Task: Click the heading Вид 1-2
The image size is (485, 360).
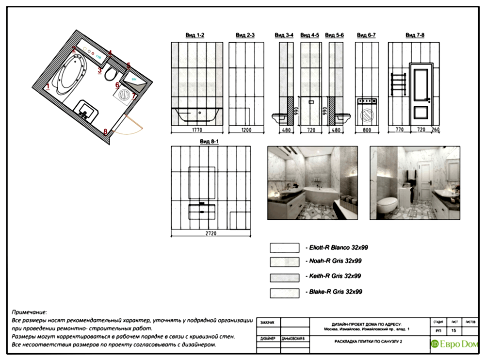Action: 195,35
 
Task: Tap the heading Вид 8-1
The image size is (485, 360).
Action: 210,141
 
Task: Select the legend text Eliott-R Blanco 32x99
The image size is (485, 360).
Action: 337,247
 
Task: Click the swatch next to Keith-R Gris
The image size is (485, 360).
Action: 284,277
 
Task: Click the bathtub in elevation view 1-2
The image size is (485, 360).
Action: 198,115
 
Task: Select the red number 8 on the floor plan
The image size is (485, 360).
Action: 105,131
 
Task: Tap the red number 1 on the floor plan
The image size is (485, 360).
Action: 48,87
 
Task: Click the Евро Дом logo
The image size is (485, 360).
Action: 454,344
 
